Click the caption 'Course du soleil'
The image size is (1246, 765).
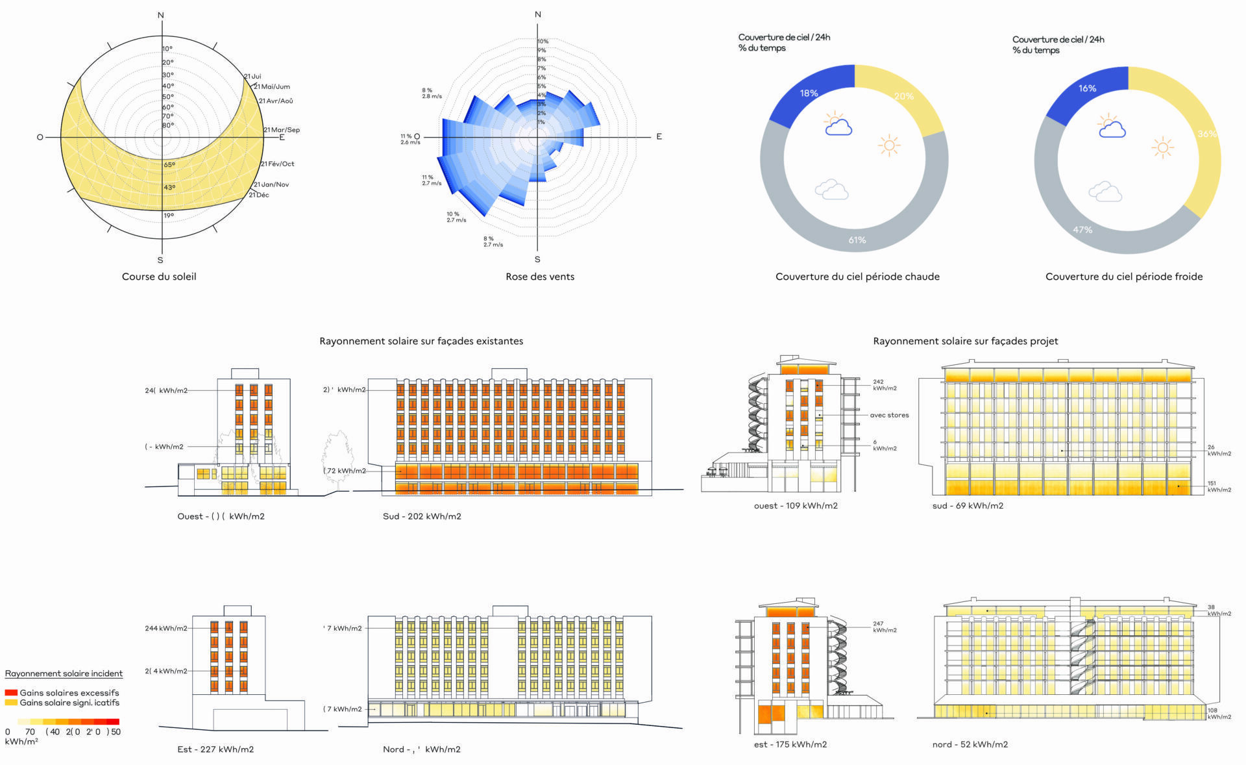[159, 277]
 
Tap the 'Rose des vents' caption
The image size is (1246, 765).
[540, 277]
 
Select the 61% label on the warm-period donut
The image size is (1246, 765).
[857, 240]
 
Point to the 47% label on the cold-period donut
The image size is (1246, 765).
[1082, 230]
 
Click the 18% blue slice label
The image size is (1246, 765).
[809, 94]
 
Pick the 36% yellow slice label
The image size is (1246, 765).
[1207, 134]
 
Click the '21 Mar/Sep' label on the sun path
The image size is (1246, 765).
[282, 130]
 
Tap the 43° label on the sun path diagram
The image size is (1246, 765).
[169, 188]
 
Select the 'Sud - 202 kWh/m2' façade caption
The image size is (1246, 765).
[422, 516]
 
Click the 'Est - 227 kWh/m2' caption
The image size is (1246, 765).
[215, 749]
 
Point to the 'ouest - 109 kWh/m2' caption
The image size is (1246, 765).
[796, 506]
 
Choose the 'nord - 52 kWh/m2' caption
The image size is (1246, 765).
[970, 745]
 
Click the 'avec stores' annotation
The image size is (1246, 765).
[889, 415]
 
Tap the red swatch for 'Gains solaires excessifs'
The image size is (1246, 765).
[11, 693]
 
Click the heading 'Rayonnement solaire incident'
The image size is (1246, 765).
[64, 673]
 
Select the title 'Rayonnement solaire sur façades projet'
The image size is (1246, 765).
[966, 341]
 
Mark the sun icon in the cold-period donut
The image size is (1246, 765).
[1162, 148]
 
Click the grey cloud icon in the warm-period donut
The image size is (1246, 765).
[831, 190]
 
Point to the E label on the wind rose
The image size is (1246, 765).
[659, 136]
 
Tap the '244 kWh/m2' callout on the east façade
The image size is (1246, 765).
[166, 629]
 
